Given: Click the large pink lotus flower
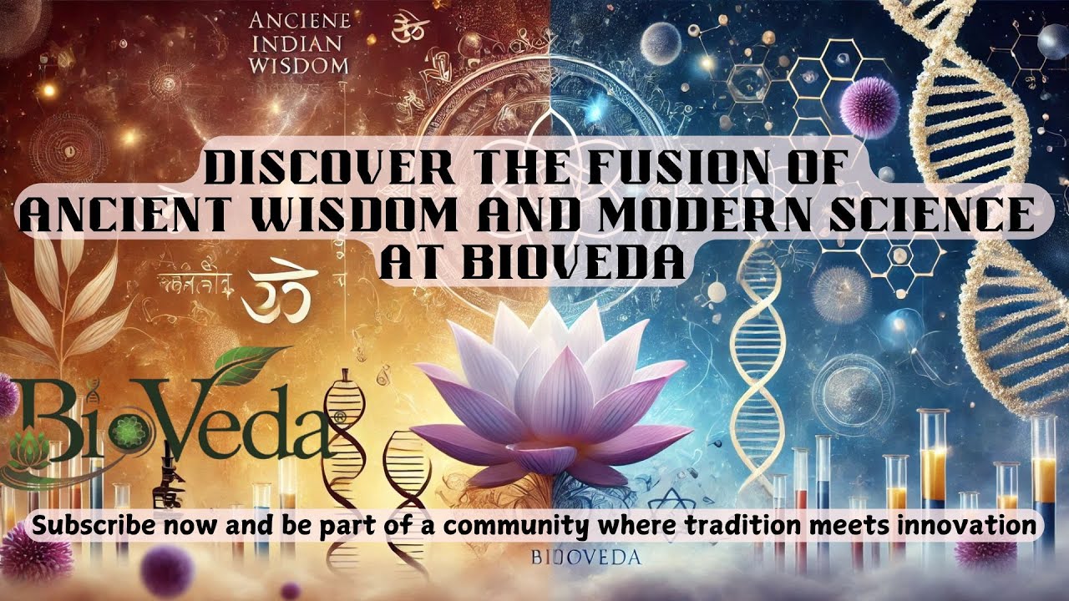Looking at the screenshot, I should coord(551,401).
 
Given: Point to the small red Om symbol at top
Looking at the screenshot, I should coord(403,23).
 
